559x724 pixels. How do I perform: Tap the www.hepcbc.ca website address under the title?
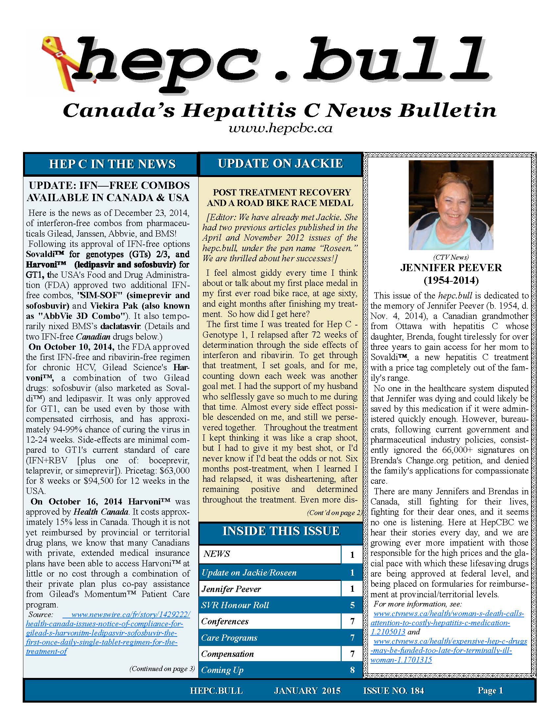(x=280, y=128)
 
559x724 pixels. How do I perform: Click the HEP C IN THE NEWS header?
(x=112, y=164)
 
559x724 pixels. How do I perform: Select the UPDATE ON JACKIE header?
(x=280, y=164)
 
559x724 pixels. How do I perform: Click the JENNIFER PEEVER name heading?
(x=451, y=268)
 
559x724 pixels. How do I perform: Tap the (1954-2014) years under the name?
(x=451, y=280)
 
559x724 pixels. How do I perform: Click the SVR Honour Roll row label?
(x=235, y=605)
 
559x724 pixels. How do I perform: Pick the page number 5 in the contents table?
(x=352, y=605)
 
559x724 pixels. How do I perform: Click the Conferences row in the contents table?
(x=225, y=621)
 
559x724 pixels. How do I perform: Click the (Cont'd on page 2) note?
(x=334, y=513)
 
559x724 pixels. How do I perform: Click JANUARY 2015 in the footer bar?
(x=307, y=690)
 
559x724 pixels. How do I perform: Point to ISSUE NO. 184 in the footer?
(x=393, y=690)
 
